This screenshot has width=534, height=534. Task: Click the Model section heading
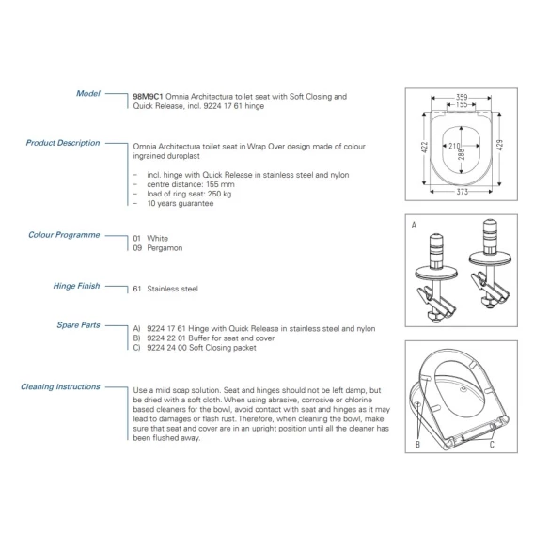(88, 93)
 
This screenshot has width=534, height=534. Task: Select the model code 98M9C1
(148, 97)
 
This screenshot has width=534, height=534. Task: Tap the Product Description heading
(63, 143)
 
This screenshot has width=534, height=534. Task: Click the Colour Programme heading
(64, 235)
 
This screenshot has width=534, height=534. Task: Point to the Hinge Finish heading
(77, 286)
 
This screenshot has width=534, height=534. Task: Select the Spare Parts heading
(78, 325)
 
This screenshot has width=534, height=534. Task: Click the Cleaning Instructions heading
(60, 386)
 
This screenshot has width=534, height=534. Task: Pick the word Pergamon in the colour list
(165, 248)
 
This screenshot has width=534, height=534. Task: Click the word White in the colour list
(158, 239)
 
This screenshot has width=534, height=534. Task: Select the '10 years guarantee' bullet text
(181, 203)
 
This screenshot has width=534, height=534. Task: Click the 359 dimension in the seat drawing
(462, 97)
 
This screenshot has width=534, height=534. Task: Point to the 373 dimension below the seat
(463, 192)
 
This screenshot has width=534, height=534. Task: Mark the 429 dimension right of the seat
(499, 145)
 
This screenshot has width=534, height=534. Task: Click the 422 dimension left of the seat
(425, 147)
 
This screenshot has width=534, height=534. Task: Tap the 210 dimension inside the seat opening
(454, 146)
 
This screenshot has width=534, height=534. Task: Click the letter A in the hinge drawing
(414, 225)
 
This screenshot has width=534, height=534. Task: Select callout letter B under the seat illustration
(417, 445)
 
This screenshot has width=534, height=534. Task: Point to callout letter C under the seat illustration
(492, 445)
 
